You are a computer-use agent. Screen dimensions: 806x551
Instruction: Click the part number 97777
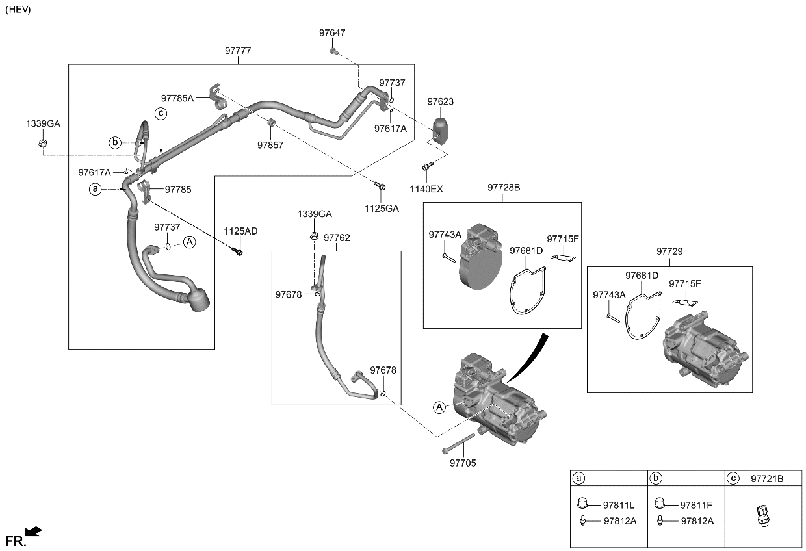point(238,51)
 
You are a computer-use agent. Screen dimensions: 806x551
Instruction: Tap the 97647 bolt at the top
point(333,51)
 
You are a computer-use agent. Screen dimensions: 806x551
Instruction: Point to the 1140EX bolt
point(428,166)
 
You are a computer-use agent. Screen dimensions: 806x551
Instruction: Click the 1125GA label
point(382,209)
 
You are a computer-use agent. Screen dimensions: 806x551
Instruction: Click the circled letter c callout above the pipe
point(161,114)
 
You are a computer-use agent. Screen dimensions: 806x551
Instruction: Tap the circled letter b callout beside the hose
point(115,142)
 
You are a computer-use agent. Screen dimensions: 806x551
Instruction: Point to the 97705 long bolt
point(458,444)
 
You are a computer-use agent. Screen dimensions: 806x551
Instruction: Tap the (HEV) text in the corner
point(18,10)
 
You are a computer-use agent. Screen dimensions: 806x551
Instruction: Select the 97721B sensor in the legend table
point(764,516)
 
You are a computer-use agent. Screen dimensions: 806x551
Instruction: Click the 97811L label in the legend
point(619,506)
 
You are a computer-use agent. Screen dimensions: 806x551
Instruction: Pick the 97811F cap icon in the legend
point(660,503)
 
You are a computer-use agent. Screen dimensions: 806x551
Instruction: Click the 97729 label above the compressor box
point(669,251)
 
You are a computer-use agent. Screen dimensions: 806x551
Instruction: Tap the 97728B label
point(504,188)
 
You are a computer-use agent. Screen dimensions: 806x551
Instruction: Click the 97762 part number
point(337,238)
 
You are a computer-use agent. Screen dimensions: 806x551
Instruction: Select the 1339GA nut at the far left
point(43,143)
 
